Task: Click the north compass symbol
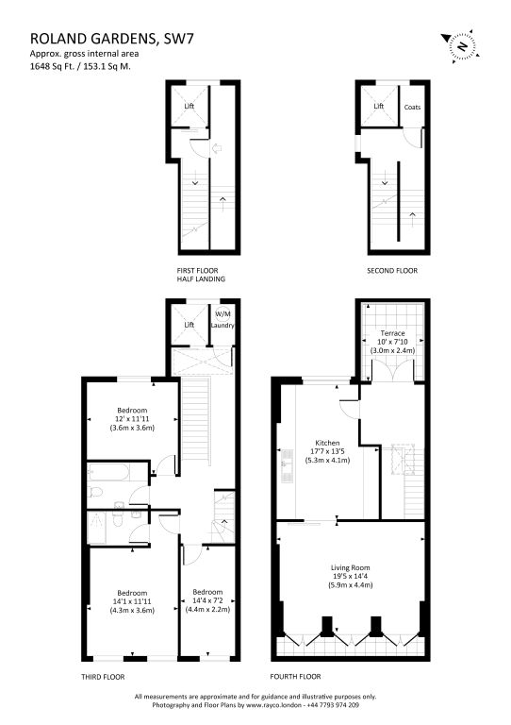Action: (x=460, y=46)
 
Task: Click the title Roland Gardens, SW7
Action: (x=111, y=38)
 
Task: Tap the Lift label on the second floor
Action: (x=378, y=106)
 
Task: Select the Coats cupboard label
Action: (x=412, y=107)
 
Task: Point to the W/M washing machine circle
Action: (x=223, y=314)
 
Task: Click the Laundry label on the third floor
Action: (x=223, y=325)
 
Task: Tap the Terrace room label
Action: (x=392, y=333)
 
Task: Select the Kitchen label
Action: (x=327, y=443)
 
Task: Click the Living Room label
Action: (x=351, y=567)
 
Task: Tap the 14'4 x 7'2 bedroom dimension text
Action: (x=207, y=600)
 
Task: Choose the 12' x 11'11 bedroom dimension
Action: (x=132, y=419)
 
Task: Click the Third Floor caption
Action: (x=103, y=677)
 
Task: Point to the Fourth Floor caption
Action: (x=295, y=677)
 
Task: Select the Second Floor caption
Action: (x=392, y=271)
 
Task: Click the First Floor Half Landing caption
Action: (x=201, y=275)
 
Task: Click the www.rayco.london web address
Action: (x=274, y=705)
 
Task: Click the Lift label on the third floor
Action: (x=190, y=325)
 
